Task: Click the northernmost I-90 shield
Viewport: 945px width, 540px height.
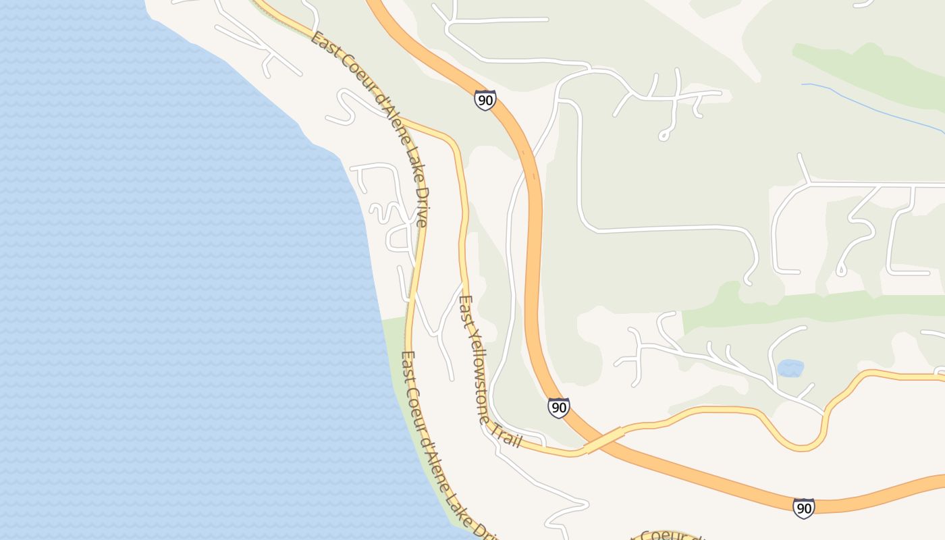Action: point(485,100)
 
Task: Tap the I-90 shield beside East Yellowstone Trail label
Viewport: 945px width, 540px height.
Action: point(558,408)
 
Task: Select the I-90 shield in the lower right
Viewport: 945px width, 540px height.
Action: point(803,508)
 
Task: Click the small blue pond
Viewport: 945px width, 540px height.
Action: point(790,368)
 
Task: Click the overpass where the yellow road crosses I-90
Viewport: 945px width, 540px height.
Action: point(604,440)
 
